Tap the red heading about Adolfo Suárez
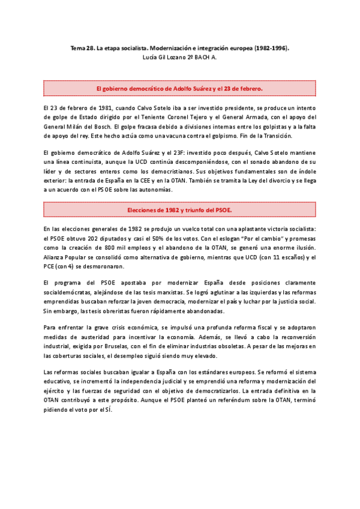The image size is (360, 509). click(x=179, y=88)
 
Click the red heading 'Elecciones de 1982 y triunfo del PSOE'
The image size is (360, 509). click(x=179, y=210)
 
